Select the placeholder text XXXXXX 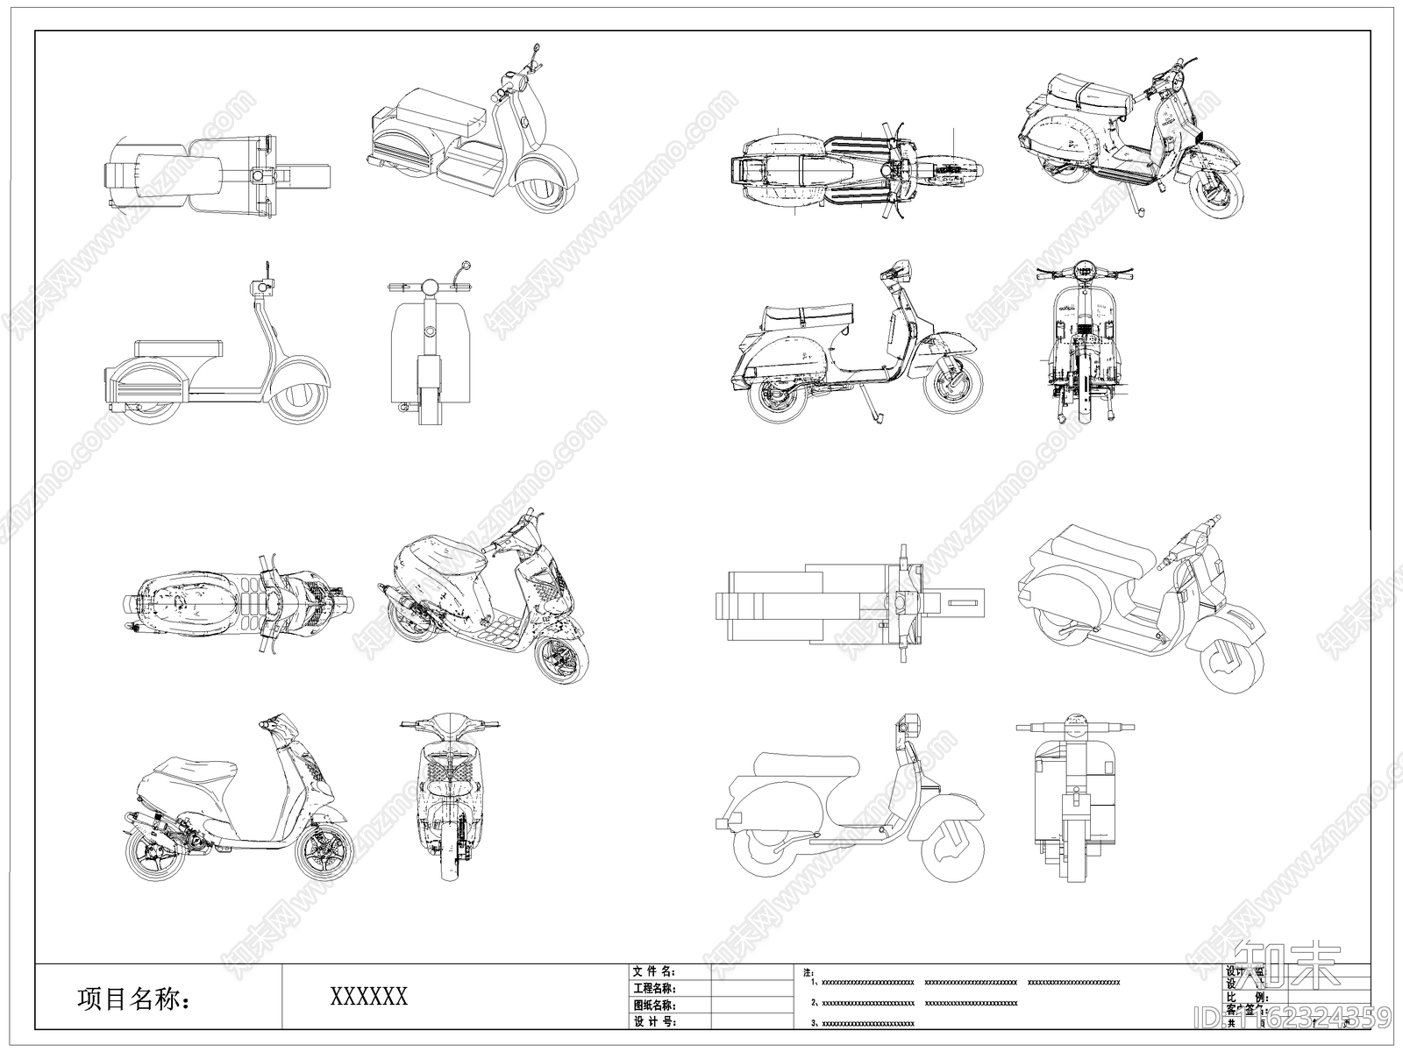coord(368,996)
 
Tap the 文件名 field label coord(653,971)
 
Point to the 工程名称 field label coord(653,988)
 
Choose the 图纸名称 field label coord(653,1005)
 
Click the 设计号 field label coord(653,1021)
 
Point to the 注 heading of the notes coord(808,972)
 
